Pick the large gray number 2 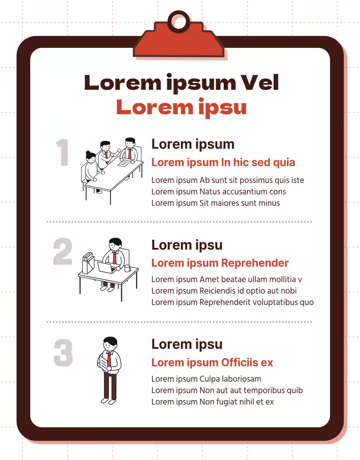63,251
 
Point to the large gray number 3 63,353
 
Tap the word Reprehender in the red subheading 255,263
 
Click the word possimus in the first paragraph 256,180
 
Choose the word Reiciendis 218,291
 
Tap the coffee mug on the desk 127,268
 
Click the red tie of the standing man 109,359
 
